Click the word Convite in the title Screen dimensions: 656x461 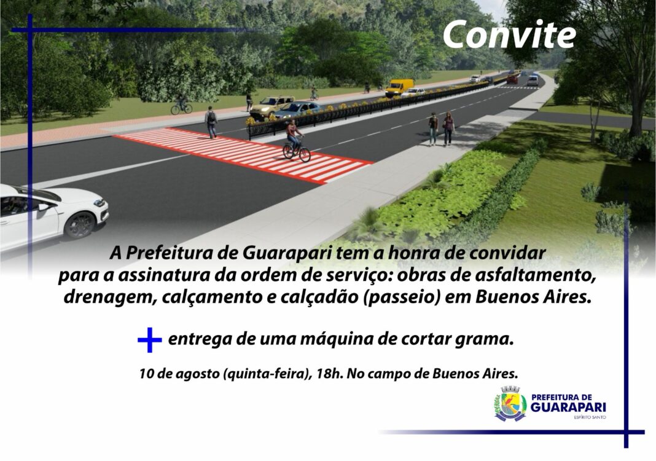tap(509, 34)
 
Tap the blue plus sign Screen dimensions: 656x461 tap(149, 339)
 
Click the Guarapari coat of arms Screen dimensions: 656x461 tap(510, 404)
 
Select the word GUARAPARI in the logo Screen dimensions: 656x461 tap(568, 408)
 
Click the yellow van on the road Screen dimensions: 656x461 tap(399, 87)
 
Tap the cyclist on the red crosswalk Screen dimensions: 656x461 tap(295, 140)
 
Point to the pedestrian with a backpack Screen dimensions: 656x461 tap(211, 122)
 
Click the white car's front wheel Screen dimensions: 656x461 tap(79, 225)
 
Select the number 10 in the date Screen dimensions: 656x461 tap(145, 374)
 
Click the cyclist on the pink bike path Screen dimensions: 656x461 tap(182, 104)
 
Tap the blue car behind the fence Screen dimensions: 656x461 tap(297, 109)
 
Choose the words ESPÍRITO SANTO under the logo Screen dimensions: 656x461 tap(590, 417)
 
